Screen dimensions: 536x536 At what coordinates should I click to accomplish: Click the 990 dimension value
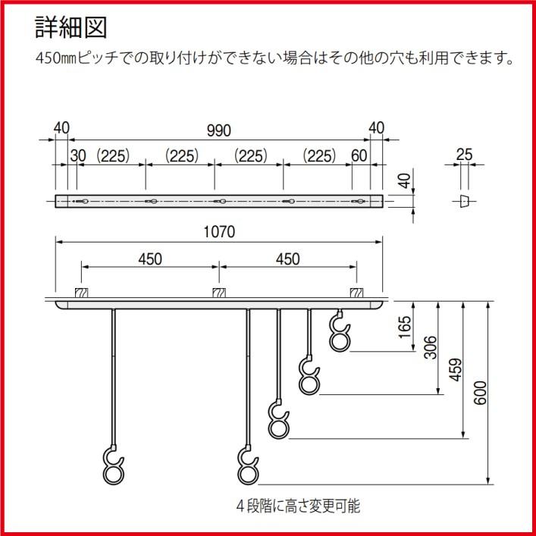[219, 131]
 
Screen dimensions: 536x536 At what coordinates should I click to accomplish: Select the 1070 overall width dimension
[220, 232]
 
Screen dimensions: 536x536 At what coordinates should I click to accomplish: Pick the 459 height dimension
[453, 368]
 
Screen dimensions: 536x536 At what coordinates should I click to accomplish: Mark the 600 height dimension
[478, 391]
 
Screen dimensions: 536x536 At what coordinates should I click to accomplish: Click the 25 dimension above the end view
[465, 155]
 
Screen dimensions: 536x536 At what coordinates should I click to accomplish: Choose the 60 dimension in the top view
[359, 155]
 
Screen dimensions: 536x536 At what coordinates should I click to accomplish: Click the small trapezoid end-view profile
[465, 200]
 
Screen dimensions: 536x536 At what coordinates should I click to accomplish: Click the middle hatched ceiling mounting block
[218, 293]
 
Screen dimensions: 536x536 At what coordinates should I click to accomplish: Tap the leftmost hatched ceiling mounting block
[82, 293]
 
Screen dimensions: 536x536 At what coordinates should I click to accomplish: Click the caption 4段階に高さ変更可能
[298, 506]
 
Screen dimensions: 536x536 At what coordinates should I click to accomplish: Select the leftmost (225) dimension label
[113, 155]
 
